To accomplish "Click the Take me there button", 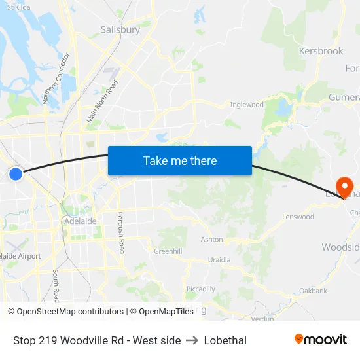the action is click(x=180, y=160).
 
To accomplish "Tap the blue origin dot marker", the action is click(x=16, y=173).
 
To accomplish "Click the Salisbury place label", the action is click(x=120, y=29).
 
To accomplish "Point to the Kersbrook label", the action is click(x=321, y=50).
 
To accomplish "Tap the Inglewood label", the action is click(x=247, y=105).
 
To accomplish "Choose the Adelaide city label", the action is click(x=81, y=221).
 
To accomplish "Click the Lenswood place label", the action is click(x=298, y=217).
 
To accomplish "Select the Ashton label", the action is click(x=211, y=240).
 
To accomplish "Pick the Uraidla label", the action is click(x=219, y=259).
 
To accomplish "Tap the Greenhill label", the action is click(x=168, y=251).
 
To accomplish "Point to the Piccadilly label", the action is click(x=200, y=289).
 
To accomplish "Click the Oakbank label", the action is click(x=313, y=290).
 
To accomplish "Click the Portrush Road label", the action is click(x=120, y=233).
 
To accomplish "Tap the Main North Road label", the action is click(x=103, y=101).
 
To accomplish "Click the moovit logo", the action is click(x=321, y=339).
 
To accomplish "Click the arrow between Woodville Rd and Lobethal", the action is click(x=192, y=340).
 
